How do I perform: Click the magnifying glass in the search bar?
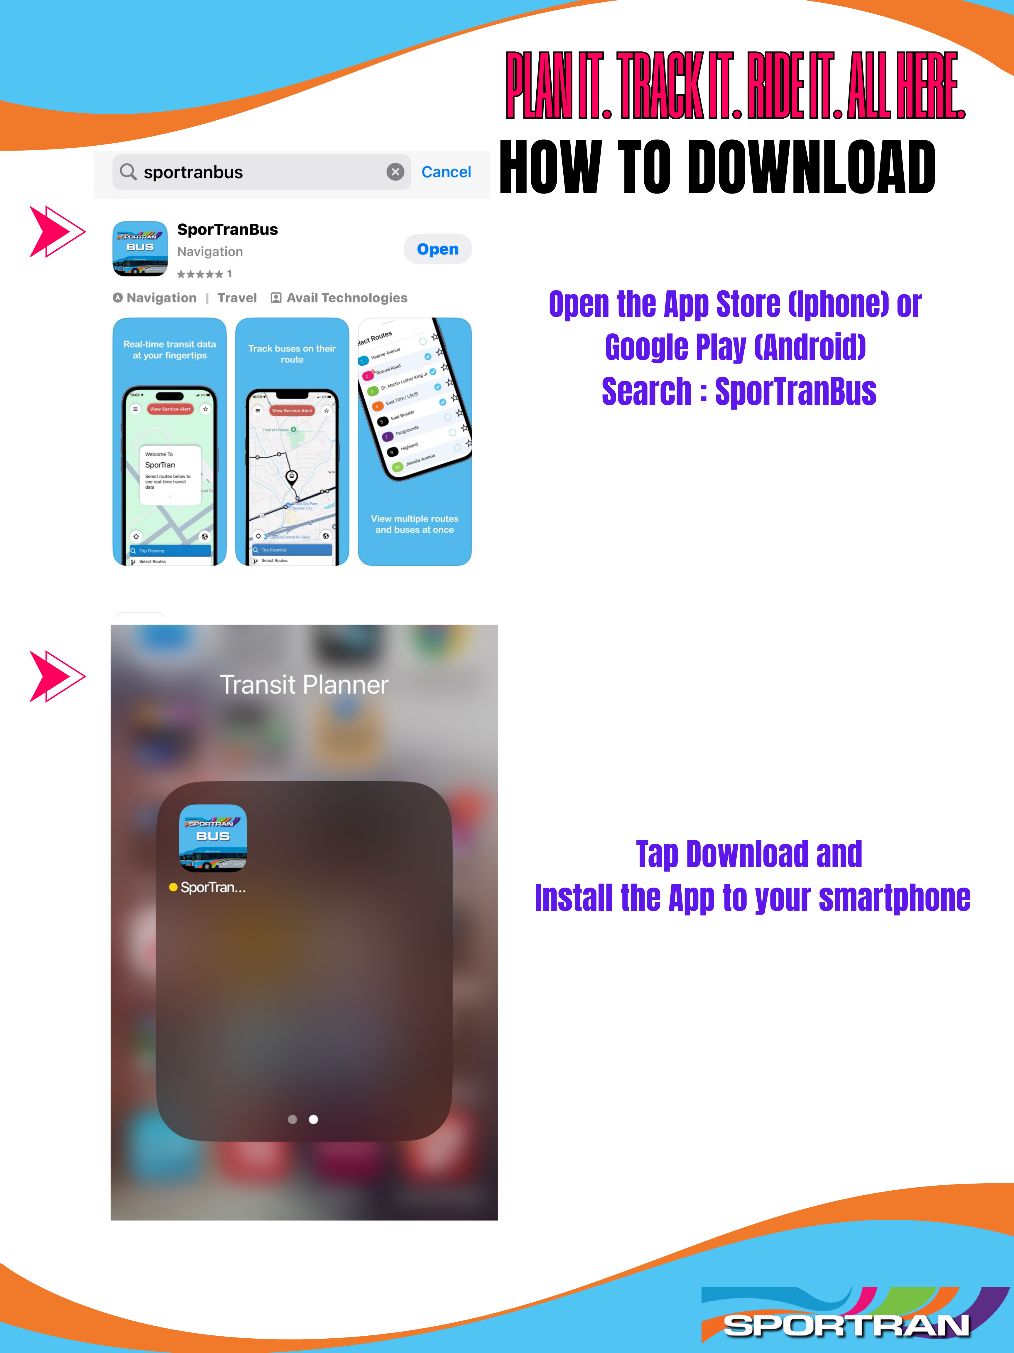pyautogui.click(x=128, y=172)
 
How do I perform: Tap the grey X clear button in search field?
pyautogui.click(x=396, y=172)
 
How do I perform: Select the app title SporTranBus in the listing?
pyautogui.click(x=227, y=229)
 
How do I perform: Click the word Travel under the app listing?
pyautogui.click(x=237, y=298)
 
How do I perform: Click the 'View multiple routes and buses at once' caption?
pyautogui.click(x=414, y=524)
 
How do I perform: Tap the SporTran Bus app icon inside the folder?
pyautogui.click(x=213, y=837)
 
